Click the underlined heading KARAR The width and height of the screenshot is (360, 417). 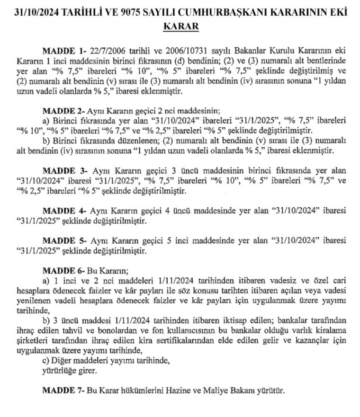[180, 27]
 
